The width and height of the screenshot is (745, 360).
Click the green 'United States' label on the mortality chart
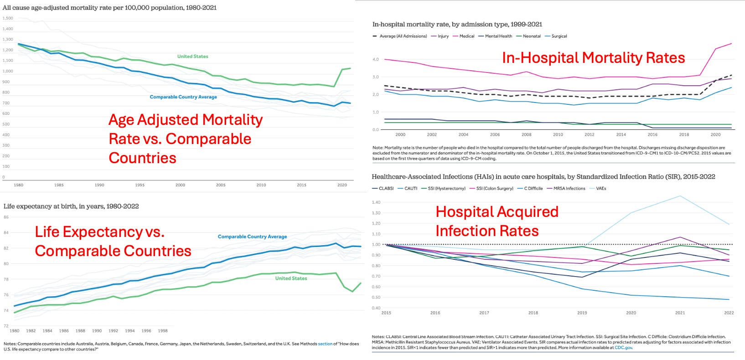pyautogui.click(x=192, y=57)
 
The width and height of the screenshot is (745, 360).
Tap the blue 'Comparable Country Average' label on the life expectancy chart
pyautogui.click(x=252, y=237)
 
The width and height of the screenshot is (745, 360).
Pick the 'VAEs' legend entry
pyautogui.click(x=601, y=188)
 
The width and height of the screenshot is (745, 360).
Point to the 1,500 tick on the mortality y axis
pyautogui.click(x=8, y=18)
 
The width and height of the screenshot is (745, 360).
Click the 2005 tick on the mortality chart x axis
pyautogui.click(x=221, y=185)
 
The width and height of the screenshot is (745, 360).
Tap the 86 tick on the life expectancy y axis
pyautogui.click(x=6, y=217)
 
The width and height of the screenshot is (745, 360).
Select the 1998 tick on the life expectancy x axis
pyautogui.click(x=163, y=331)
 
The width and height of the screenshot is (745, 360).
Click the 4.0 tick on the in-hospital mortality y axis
pyautogui.click(x=375, y=59)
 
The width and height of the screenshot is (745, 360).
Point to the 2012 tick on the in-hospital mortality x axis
pyautogui.click(x=590, y=134)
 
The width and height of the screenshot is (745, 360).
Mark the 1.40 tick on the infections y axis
pyautogui.click(x=376, y=202)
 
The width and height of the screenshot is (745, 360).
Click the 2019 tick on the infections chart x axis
pyautogui.click(x=582, y=313)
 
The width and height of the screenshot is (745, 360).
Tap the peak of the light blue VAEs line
pyautogui.click(x=680, y=196)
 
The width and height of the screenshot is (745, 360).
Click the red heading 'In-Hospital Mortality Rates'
pyautogui.click(x=593, y=58)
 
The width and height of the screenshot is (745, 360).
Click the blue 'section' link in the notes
pyautogui.click(x=325, y=344)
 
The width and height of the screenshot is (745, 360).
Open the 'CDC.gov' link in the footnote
pyautogui.click(x=623, y=348)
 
